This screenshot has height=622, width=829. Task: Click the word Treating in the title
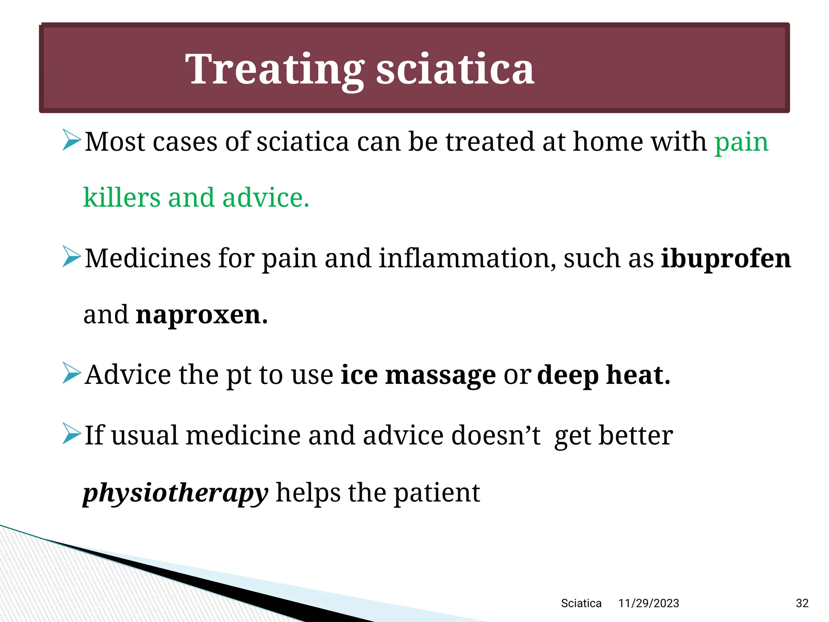[x=274, y=70]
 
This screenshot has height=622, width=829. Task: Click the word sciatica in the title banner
[x=455, y=70]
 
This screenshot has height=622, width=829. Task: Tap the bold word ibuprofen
[x=725, y=258]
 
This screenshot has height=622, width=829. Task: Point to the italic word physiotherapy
[x=175, y=493]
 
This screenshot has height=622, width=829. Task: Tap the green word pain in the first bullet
[x=741, y=143]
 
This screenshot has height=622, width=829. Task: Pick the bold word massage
[x=440, y=375]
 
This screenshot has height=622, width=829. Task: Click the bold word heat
[x=638, y=375]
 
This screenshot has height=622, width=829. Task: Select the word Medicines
[x=148, y=258]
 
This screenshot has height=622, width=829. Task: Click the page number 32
[x=802, y=603]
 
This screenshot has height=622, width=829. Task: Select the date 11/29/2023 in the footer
[x=648, y=603]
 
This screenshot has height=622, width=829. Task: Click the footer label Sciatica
[x=581, y=603]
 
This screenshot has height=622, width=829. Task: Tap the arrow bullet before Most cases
[x=72, y=140]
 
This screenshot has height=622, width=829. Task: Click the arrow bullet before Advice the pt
[x=72, y=373]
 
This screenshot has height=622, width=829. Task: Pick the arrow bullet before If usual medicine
[x=72, y=433]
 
